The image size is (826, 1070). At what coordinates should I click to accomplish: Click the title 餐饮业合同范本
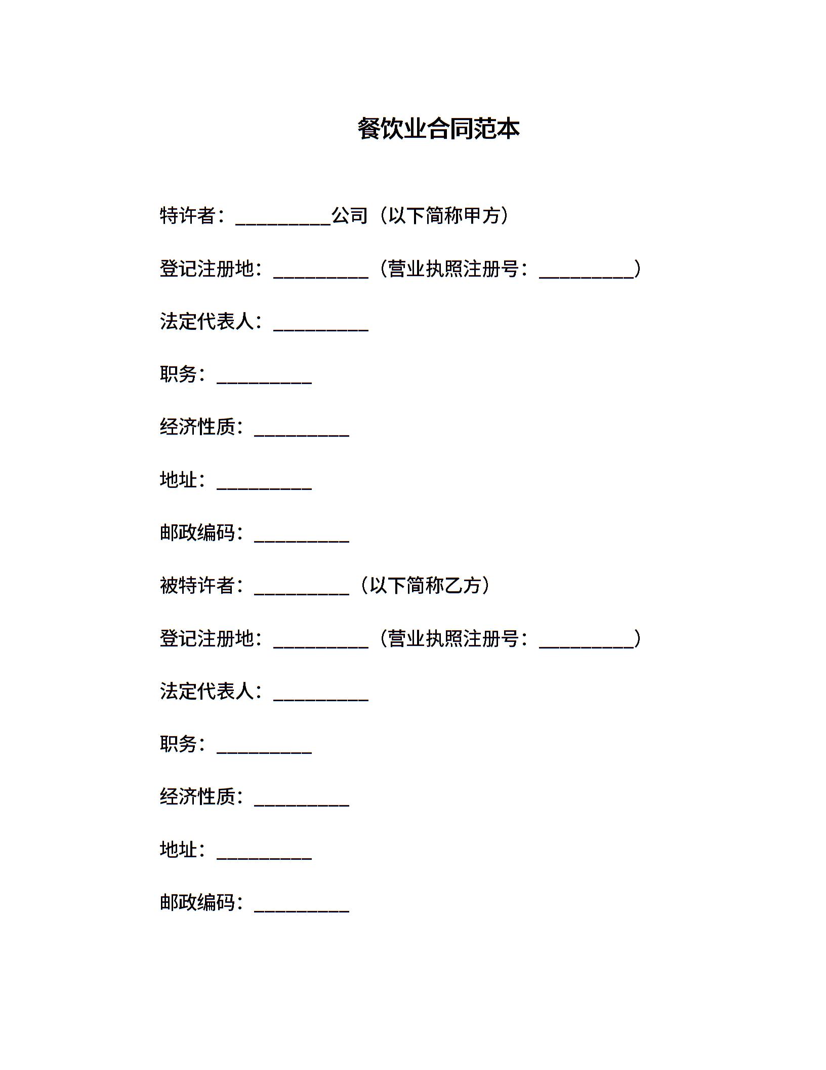[438, 129]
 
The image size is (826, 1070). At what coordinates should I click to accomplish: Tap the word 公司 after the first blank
[350, 216]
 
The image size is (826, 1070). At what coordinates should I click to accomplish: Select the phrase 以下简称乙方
[425, 586]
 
